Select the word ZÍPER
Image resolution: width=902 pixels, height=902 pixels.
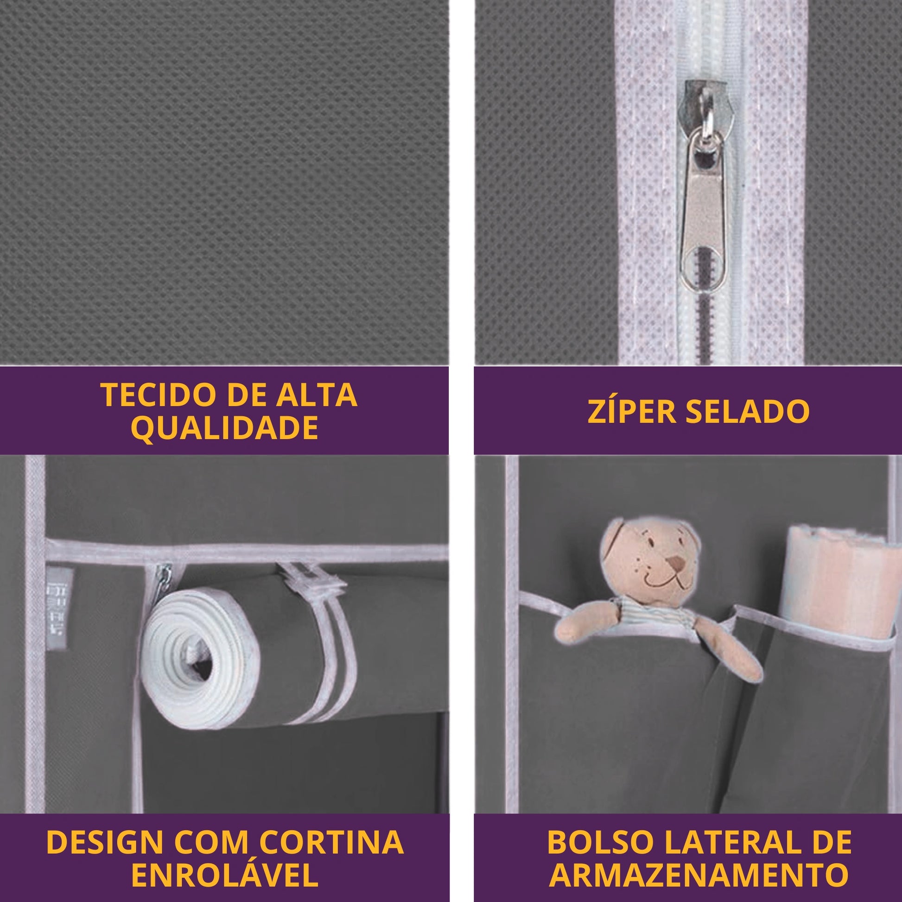[x=631, y=411]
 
